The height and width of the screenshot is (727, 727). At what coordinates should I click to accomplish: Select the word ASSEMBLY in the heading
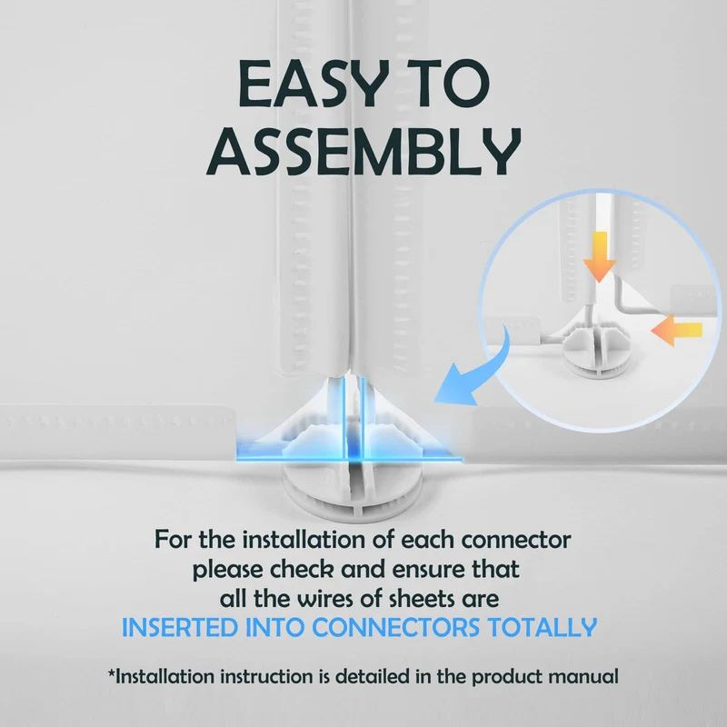tap(363, 151)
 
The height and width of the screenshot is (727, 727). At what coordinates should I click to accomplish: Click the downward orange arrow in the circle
tap(600, 257)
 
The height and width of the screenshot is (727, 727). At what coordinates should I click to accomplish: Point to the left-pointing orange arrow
tap(676, 330)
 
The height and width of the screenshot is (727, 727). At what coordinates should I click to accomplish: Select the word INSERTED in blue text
tap(179, 627)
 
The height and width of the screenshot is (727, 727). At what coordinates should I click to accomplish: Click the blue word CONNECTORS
tap(395, 627)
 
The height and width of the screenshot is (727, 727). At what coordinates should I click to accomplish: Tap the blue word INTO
tap(274, 627)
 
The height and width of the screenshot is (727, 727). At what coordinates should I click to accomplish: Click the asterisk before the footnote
tap(111, 672)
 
